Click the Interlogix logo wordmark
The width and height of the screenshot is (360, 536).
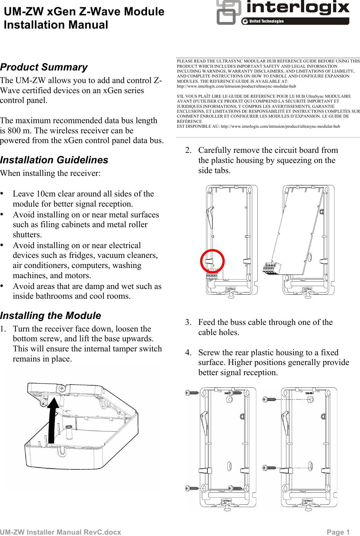(297, 8)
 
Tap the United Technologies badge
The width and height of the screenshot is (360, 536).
(266, 21)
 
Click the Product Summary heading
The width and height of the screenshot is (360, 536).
(44, 67)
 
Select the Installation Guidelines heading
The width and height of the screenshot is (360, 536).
(54, 160)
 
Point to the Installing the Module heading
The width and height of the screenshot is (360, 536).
(51, 315)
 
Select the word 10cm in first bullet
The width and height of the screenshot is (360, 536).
(45, 194)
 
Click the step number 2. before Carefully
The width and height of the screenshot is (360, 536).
(189, 150)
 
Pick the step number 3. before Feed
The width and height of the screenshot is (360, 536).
(189, 322)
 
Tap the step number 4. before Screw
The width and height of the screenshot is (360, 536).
(189, 352)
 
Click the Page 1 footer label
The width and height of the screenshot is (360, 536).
(338, 532)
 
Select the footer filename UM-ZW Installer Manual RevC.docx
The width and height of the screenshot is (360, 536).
(61, 532)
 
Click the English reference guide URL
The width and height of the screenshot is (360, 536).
(236, 86)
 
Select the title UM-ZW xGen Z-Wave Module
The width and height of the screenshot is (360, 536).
(84, 12)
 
